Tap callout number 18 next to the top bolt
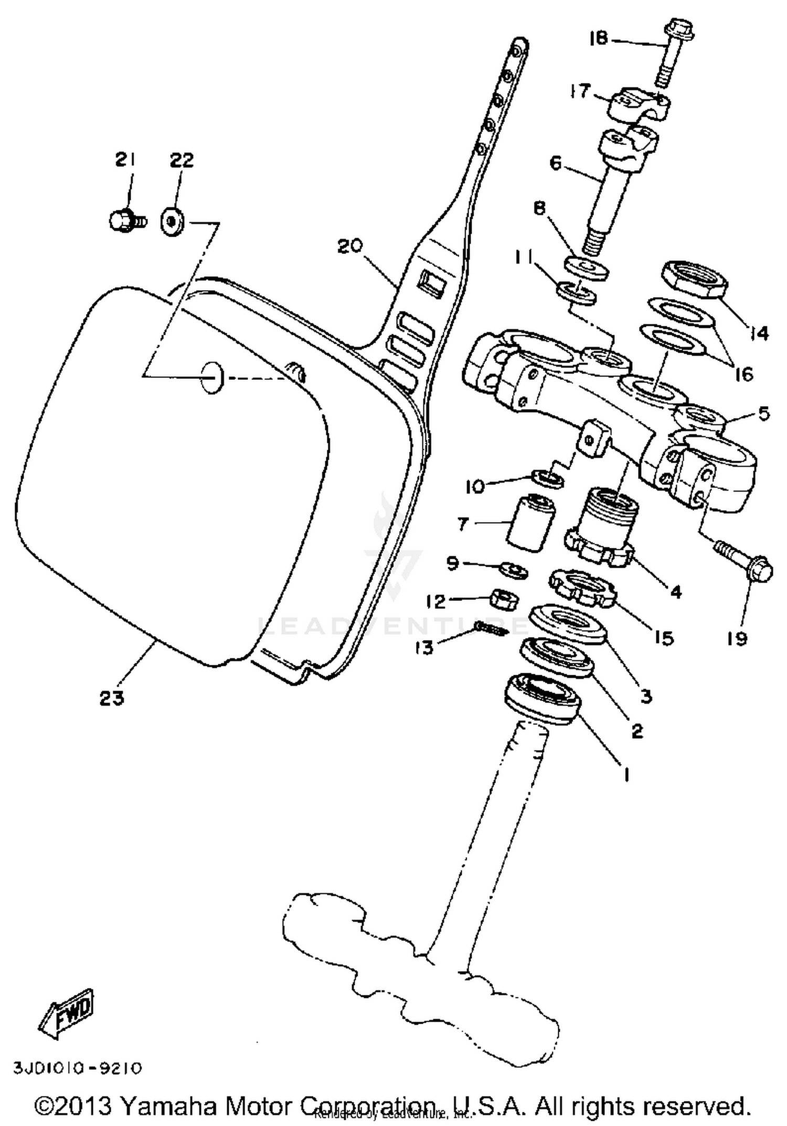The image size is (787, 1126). [x=599, y=39]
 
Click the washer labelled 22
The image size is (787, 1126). [x=172, y=222]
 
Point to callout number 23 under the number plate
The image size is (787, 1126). [x=111, y=698]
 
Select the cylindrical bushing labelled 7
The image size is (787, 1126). [x=528, y=522]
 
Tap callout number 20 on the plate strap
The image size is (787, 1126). [x=350, y=246]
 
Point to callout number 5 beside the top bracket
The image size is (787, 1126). [x=763, y=413]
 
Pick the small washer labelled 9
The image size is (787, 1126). [x=513, y=570]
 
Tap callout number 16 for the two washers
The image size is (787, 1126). [x=744, y=375]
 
